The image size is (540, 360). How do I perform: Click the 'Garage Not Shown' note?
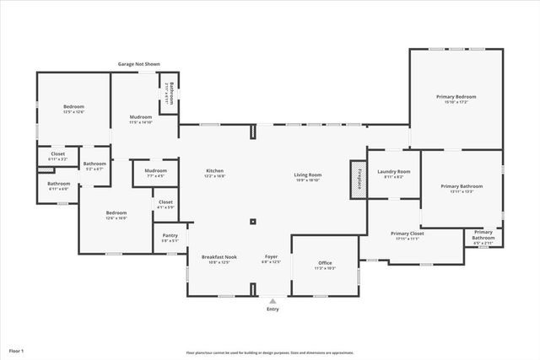pos(138,64)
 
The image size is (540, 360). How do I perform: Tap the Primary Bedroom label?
pos(456,99)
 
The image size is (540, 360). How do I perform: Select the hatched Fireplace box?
pos(358,179)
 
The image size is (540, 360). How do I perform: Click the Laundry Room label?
pos(393,174)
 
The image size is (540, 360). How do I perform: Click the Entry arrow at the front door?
pos(272,299)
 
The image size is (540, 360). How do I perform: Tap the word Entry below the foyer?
pos(272,309)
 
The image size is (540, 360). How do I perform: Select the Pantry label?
pos(170,239)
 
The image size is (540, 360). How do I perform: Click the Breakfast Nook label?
pos(219,259)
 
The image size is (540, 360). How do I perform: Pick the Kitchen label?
pos(214,174)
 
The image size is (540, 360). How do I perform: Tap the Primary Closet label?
pos(407,235)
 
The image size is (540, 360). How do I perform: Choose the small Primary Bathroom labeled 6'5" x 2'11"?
pos(483,235)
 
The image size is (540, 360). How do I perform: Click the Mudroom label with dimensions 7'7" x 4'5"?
pos(156,173)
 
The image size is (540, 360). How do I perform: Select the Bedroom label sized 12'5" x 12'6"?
pos(73,109)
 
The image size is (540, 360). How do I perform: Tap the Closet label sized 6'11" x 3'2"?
pos(57,156)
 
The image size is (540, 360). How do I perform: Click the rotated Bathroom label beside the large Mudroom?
pos(170,92)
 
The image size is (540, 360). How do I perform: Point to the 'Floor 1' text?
pos(17,350)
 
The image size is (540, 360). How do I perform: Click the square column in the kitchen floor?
pos(253,223)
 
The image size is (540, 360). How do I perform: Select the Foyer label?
pos(271,259)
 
